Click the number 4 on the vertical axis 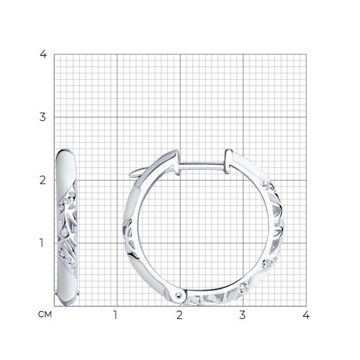pos(43,54)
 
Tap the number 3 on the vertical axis pos(42,117)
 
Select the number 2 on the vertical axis pos(42,180)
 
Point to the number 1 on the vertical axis pos(42,243)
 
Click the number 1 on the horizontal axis pos(115,315)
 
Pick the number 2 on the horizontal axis pos(179,315)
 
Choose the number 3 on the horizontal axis pos(243,315)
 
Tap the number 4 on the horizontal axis pos(306,315)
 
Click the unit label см pos(45,315)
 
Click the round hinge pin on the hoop pos(178,294)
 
